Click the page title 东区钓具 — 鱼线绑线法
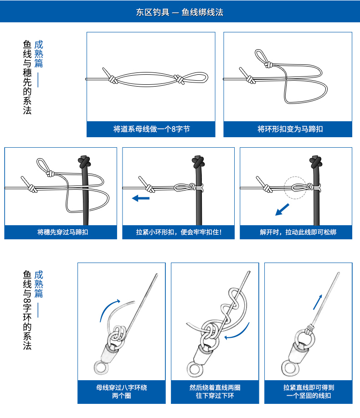[x=180, y=12]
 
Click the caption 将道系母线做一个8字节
[x=151, y=129]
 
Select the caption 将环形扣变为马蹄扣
[x=290, y=129]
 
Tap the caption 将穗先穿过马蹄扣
[x=62, y=232]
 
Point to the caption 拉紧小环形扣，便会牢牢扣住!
[x=179, y=232]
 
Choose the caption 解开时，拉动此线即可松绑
[x=298, y=232]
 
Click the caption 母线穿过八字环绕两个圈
[x=122, y=392]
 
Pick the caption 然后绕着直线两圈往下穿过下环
[x=215, y=392]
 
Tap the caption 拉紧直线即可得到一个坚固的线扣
[x=309, y=392]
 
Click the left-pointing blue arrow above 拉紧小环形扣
[x=141, y=198]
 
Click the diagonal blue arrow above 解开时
[x=282, y=210]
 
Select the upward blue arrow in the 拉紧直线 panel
[x=317, y=302]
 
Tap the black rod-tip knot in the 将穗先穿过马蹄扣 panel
[x=84, y=161]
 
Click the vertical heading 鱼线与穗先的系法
[x=27, y=77]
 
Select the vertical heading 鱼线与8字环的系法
[x=27, y=310]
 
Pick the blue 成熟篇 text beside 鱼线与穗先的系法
[x=39, y=54]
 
